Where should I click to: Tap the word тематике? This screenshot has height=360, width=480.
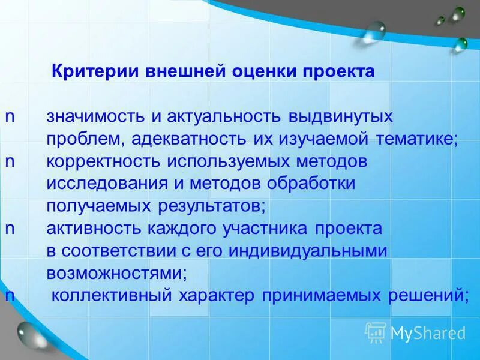[416, 139]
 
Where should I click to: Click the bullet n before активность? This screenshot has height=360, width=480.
[10, 228]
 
